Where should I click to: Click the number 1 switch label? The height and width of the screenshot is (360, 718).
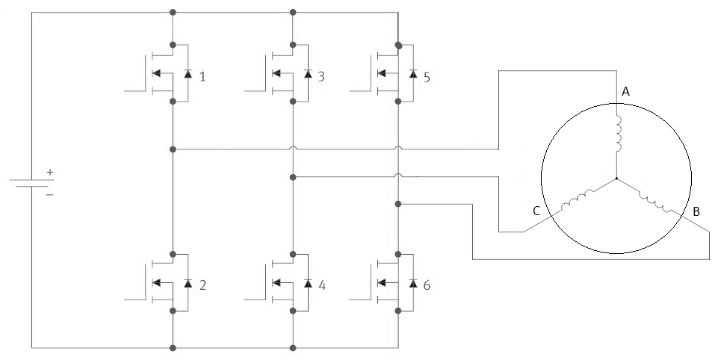(x=202, y=76)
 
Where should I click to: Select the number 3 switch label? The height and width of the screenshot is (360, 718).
(x=321, y=76)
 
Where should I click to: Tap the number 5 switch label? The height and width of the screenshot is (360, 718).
(x=426, y=76)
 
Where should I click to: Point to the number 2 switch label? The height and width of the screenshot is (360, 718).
(x=202, y=285)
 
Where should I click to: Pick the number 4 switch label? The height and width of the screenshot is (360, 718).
(x=321, y=285)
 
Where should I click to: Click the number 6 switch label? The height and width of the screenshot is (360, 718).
(x=426, y=285)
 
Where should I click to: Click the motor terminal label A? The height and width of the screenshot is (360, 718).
(x=626, y=91)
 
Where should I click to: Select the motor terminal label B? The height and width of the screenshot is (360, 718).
(x=696, y=212)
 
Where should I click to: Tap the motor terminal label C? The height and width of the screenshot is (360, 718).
(x=536, y=211)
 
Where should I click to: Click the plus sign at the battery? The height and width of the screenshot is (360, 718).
(x=50, y=172)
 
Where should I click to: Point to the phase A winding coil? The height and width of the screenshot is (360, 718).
(x=616, y=131)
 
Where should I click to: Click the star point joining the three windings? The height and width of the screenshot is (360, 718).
(x=616, y=179)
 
